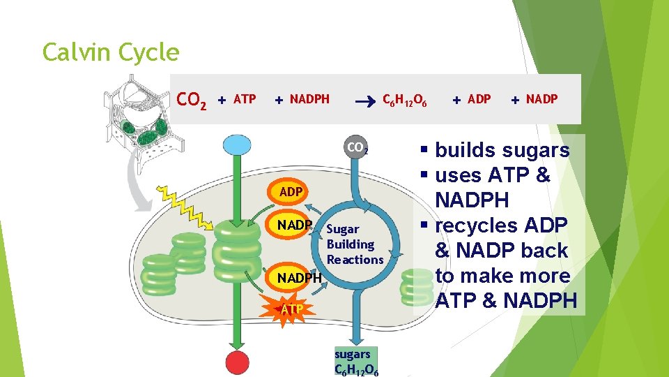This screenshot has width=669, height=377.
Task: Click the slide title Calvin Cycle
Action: pyautogui.click(x=111, y=52)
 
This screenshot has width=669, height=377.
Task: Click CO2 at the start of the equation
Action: pyautogui.click(x=192, y=101)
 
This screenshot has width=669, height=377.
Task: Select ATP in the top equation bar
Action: pyautogui.click(x=244, y=100)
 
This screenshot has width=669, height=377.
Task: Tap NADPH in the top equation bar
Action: pyautogui.click(x=309, y=100)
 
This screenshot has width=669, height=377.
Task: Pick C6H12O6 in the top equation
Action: pyautogui.click(x=405, y=101)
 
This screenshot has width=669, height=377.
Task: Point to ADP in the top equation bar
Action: pyautogui.click(x=479, y=100)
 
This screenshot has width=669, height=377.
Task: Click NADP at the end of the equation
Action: pyautogui.click(x=541, y=100)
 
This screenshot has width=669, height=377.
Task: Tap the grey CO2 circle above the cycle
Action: pyautogui.click(x=357, y=149)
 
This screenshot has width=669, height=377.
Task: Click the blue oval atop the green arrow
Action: pyautogui.click(x=237, y=145)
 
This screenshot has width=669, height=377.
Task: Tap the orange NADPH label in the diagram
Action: pyautogui.click(x=299, y=278)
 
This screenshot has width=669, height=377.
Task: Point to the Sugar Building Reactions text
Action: pyautogui.click(x=354, y=244)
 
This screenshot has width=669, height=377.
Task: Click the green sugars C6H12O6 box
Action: pyautogui.click(x=357, y=361)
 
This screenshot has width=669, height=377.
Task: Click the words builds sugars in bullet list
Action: pyautogui.click(x=502, y=150)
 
